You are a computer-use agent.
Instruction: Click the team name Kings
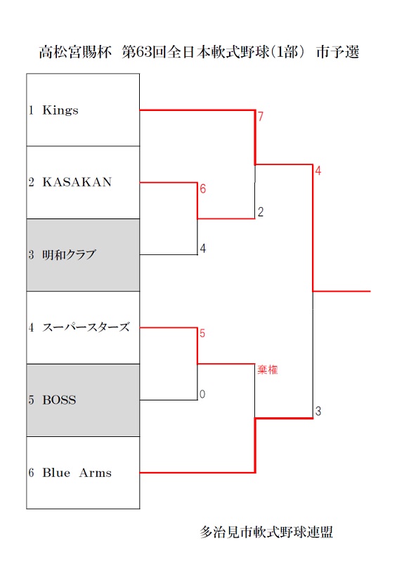(x=60, y=110)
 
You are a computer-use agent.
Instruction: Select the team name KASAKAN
(x=77, y=182)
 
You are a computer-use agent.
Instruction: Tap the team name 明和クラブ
(x=69, y=255)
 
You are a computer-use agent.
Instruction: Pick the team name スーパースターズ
(x=86, y=327)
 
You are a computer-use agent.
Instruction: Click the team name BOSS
(x=59, y=400)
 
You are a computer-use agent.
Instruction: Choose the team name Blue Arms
(x=77, y=473)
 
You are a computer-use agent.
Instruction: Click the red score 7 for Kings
(x=261, y=117)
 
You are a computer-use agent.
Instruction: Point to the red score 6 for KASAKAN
(x=202, y=189)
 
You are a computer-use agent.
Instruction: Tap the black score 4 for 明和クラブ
(x=202, y=249)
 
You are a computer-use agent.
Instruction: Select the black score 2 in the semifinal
(x=261, y=212)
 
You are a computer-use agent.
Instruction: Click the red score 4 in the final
(x=318, y=171)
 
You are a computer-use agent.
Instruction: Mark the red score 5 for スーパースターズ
(x=202, y=333)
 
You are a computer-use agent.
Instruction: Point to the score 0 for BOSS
(x=202, y=394)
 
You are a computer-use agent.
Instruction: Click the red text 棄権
(x=268, y=370)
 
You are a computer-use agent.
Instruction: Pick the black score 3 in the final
(x=318, y=411)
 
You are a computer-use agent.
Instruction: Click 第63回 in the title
(x=144, y=52)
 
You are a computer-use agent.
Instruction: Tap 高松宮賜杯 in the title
(x=75, y=52)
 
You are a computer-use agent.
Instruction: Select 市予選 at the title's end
(x=338, y=52)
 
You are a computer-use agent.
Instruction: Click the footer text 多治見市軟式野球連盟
(x=266, y=532)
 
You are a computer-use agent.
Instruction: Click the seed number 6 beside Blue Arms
(x=31, y=473)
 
